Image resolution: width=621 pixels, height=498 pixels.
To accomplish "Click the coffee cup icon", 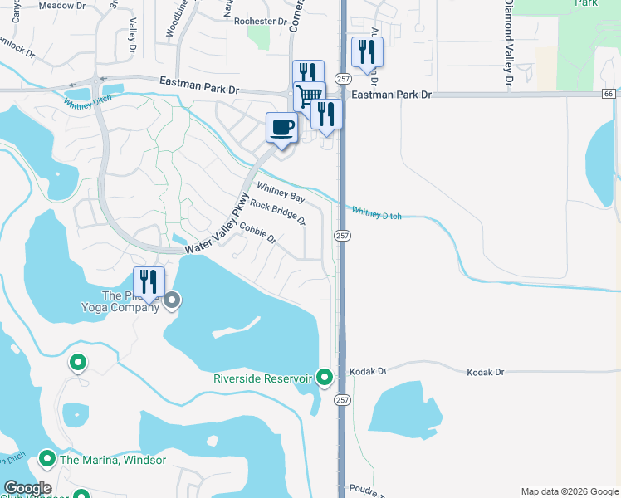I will click(x=281, y=128).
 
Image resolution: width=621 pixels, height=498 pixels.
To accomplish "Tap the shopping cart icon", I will click(x=309, y=95).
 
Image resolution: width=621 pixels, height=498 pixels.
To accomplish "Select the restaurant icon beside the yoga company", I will click(x=149, y=282).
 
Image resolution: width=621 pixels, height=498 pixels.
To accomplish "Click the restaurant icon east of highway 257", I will click(x=365, y=52).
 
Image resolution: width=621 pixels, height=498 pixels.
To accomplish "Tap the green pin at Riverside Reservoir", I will click(x=325, y=378).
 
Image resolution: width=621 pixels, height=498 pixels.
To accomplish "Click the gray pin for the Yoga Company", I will click(x=172, y=300).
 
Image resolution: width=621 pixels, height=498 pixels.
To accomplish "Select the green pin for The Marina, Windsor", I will click(x=47, y=458).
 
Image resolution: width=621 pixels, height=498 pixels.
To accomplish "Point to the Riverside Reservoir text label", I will click(x=262, y=378).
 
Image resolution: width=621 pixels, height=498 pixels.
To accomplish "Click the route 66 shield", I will click(x=609, y=95).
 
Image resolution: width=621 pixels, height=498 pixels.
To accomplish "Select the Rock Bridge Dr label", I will click(x=278, y=213).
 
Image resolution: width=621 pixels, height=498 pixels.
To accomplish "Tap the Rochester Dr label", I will click(x=260, y=22).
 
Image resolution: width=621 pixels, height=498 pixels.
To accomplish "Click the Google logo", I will click(x=27, y=488).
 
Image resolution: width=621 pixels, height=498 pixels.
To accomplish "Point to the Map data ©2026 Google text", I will click(x=569, y=491).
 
